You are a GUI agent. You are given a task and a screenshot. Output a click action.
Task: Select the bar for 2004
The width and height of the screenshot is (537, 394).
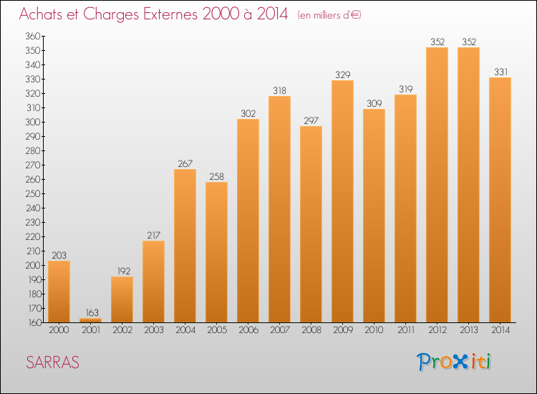click(x=185, y=246)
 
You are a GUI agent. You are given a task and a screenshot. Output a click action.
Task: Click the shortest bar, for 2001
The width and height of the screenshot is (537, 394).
click(x=90, y=319)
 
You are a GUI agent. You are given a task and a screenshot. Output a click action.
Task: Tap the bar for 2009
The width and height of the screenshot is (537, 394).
click(x=342, y=201)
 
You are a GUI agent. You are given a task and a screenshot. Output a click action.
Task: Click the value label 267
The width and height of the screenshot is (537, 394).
click(x=185, y=163)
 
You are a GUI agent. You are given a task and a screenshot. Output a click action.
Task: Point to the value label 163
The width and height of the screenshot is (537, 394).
click(x=90, y=312)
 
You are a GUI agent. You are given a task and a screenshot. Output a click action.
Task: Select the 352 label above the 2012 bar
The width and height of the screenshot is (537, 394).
click(x=437, y=42)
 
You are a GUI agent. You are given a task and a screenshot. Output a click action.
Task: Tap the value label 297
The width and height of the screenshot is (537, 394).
click(x=311, y=120)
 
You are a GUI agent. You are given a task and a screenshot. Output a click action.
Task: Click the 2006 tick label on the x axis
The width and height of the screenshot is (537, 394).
click(x=248, y=330)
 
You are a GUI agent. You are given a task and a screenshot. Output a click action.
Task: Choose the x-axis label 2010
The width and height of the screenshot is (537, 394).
click(x=374, y=330)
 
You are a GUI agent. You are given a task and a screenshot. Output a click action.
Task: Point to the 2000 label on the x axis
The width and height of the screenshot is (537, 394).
click(x=59, y=330)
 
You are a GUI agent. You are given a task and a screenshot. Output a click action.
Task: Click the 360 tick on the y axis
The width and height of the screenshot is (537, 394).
click(x=33, y=36)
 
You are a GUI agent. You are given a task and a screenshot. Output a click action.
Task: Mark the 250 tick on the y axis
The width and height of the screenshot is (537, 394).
click(x=33, y=193)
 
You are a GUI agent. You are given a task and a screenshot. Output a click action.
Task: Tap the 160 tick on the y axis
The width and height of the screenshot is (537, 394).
click(x=33, y=322)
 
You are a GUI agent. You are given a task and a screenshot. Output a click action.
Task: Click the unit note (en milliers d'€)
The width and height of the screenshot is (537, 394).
click(x=329, y=15)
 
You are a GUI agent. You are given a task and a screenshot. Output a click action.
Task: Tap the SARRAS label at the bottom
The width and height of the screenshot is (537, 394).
click(x=53, y=362)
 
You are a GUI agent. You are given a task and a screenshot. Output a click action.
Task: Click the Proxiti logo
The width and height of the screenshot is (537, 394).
click(x=455, y=362)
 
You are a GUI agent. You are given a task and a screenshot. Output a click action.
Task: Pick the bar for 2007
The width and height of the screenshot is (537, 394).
click(x=279, y=209)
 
